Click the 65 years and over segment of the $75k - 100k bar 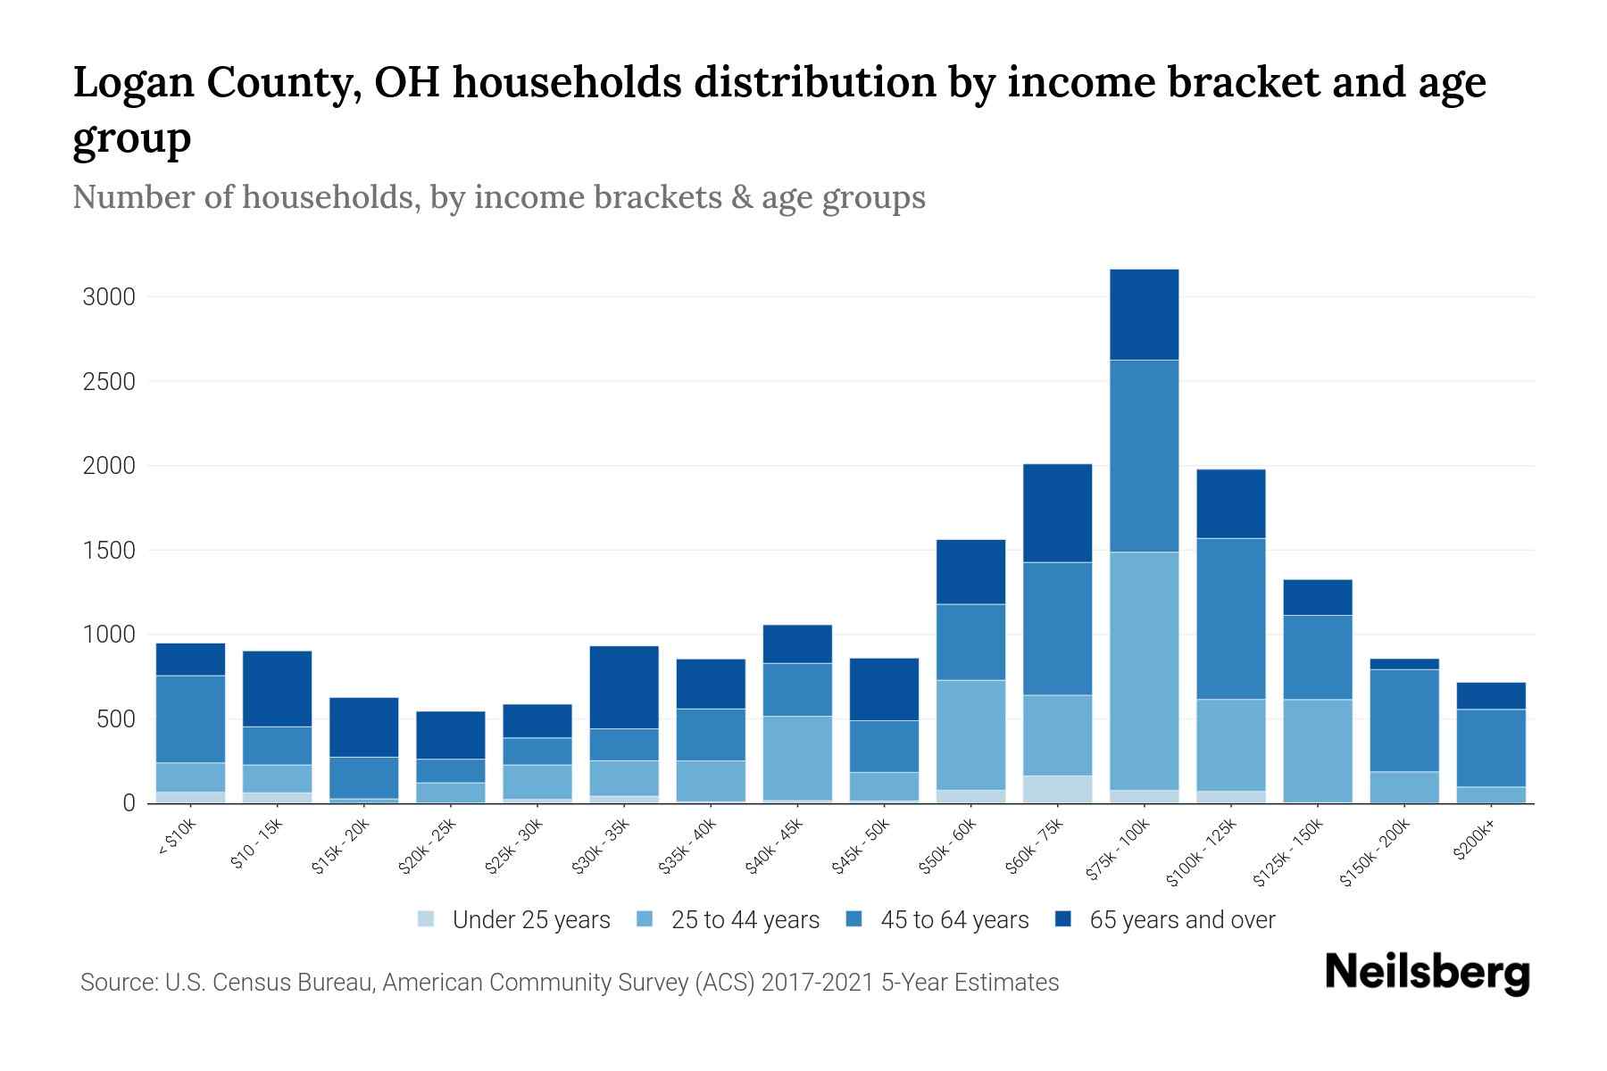click(1144, 314)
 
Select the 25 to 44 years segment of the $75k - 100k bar click(1144, 670)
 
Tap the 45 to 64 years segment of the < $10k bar click(190, 718)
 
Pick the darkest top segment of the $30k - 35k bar click(624, 686)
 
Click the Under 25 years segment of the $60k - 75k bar click(1057, 789)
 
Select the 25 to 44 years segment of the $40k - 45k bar click(797, 758)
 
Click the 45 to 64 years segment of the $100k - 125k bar click(1231, 618)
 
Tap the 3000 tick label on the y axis click(109, 297)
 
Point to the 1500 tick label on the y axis click(109, 551)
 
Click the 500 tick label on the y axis click(115, 719)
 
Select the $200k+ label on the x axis click(1474, 843)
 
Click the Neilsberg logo click(1427, 973)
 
